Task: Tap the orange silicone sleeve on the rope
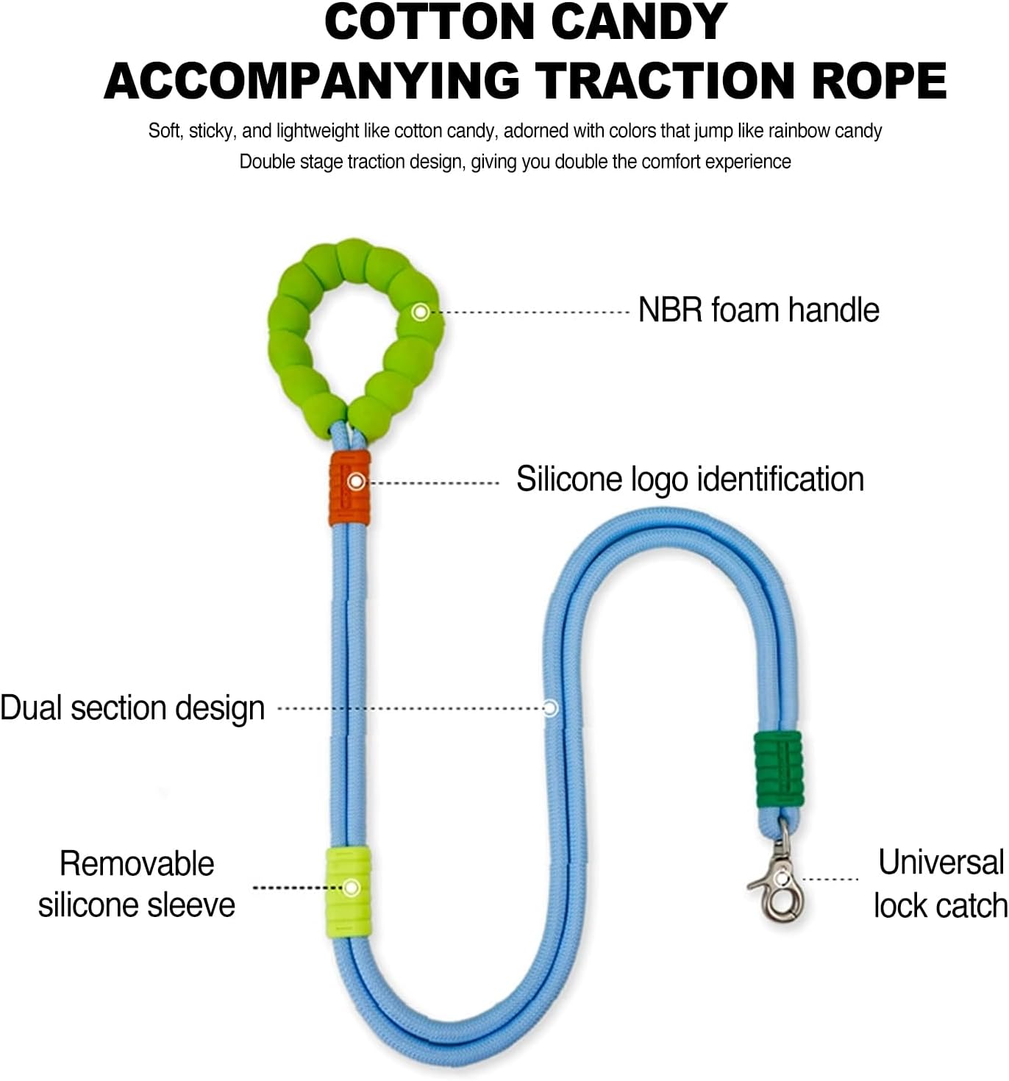[349, 488]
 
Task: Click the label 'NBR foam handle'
[758, 310]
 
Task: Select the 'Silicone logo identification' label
[690, 479]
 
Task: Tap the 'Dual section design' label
[132, 708]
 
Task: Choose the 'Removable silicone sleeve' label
[137, 884]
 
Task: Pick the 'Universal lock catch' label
[941, 884]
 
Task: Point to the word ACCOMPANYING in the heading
[313, 81]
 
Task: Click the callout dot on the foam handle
[421, 312]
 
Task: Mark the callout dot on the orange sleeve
[357, 482]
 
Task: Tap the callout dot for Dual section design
[550, 708]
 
